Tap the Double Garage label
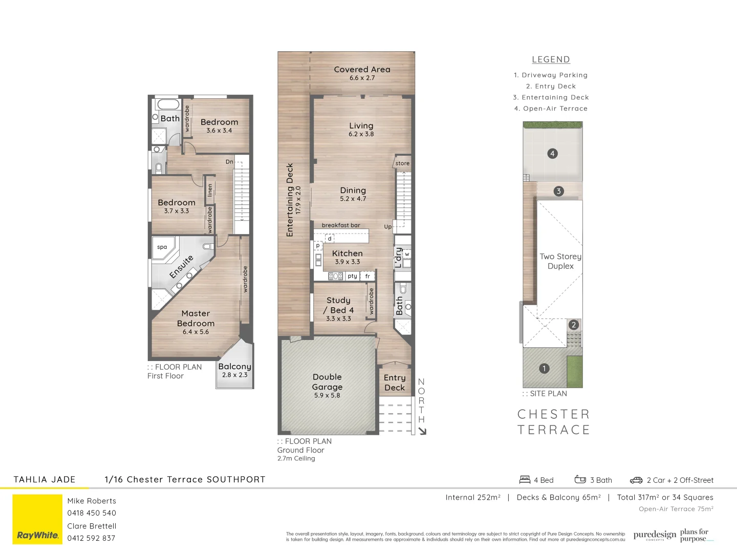click(327, 382)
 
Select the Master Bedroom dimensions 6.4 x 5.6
click(196, 332)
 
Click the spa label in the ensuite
click(162, 247)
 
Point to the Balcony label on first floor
click(234, 367)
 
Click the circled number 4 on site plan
click(552, 153)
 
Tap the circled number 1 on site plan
click(544, 368)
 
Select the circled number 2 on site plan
click(574, 325)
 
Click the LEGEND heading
click(551, 59)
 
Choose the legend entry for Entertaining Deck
click(551, 97)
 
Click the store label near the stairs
click(402, 163)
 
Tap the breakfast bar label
click(341, 225)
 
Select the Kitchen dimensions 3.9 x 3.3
click(348, 262)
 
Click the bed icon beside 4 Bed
click(525, 480)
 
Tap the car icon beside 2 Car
click(636, 480)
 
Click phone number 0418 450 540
click(92, 513)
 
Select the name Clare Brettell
click(92, 526)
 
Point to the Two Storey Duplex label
click(560, 261)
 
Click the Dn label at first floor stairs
click(229, 162)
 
